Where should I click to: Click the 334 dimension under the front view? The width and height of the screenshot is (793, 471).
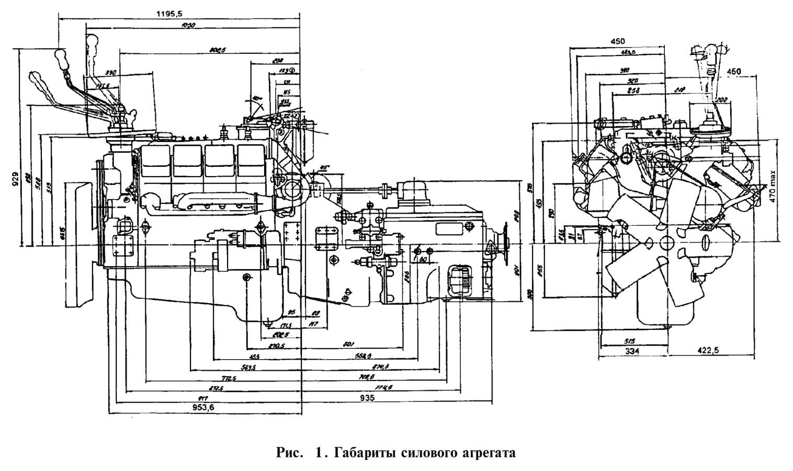pyautogui.click(x=632, y=351)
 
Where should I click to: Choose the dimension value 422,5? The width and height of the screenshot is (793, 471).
pyautogui.click(x=708, y=350)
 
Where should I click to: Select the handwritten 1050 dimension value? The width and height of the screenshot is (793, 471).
pyautogui.click(x=187, y=25)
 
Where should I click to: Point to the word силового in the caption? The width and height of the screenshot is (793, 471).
pyautogui.click(x=428, y=452)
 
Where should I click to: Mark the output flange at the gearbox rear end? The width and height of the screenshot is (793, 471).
pyautogui.click(x=505, y=243)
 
